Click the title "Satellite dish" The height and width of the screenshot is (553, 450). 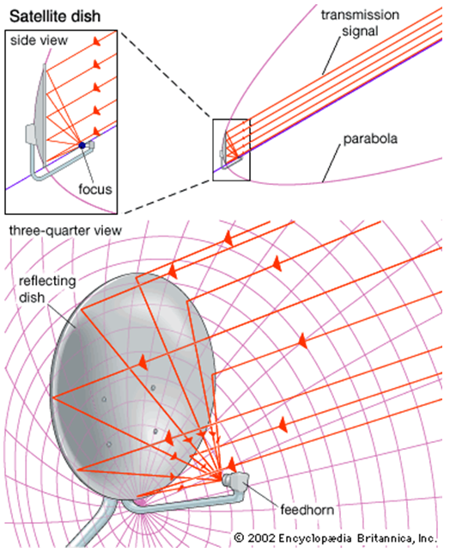coord(55,16)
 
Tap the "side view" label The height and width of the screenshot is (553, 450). coord(39,40)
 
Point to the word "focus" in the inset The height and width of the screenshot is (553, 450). coord(95,189)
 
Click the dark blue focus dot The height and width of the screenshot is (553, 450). coord(82,145)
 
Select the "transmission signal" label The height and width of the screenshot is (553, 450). coord(360,23)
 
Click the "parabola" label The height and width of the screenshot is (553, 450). coord(370,138)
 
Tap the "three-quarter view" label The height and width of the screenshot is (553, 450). coord(65,230)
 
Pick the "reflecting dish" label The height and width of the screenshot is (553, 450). coord(47,289)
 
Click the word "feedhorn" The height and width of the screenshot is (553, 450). coord(307,510)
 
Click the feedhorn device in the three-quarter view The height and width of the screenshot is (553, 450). coord(236,481)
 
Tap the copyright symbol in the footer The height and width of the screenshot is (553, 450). coord(239,538)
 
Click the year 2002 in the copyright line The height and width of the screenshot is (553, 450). coord(261,538)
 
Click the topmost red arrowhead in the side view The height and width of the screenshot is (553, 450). coord(96,41)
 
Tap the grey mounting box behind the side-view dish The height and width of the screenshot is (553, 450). coord(30,134)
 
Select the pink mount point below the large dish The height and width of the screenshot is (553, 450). coord(141,501)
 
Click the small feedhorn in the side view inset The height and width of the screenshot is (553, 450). coord(90,144)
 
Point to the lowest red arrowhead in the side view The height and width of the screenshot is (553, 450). coord(96,132)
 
